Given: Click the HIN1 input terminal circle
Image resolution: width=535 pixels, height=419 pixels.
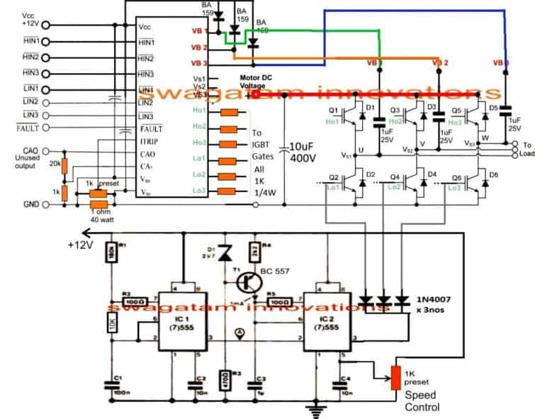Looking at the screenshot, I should (x=46, y=43).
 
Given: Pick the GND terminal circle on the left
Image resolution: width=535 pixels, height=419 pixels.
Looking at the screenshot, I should (x=46, y=205).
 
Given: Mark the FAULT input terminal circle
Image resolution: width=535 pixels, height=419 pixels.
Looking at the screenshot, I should (x=46, y=128).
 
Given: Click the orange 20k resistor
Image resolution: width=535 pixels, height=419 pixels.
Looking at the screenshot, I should (x=64, y=166).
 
